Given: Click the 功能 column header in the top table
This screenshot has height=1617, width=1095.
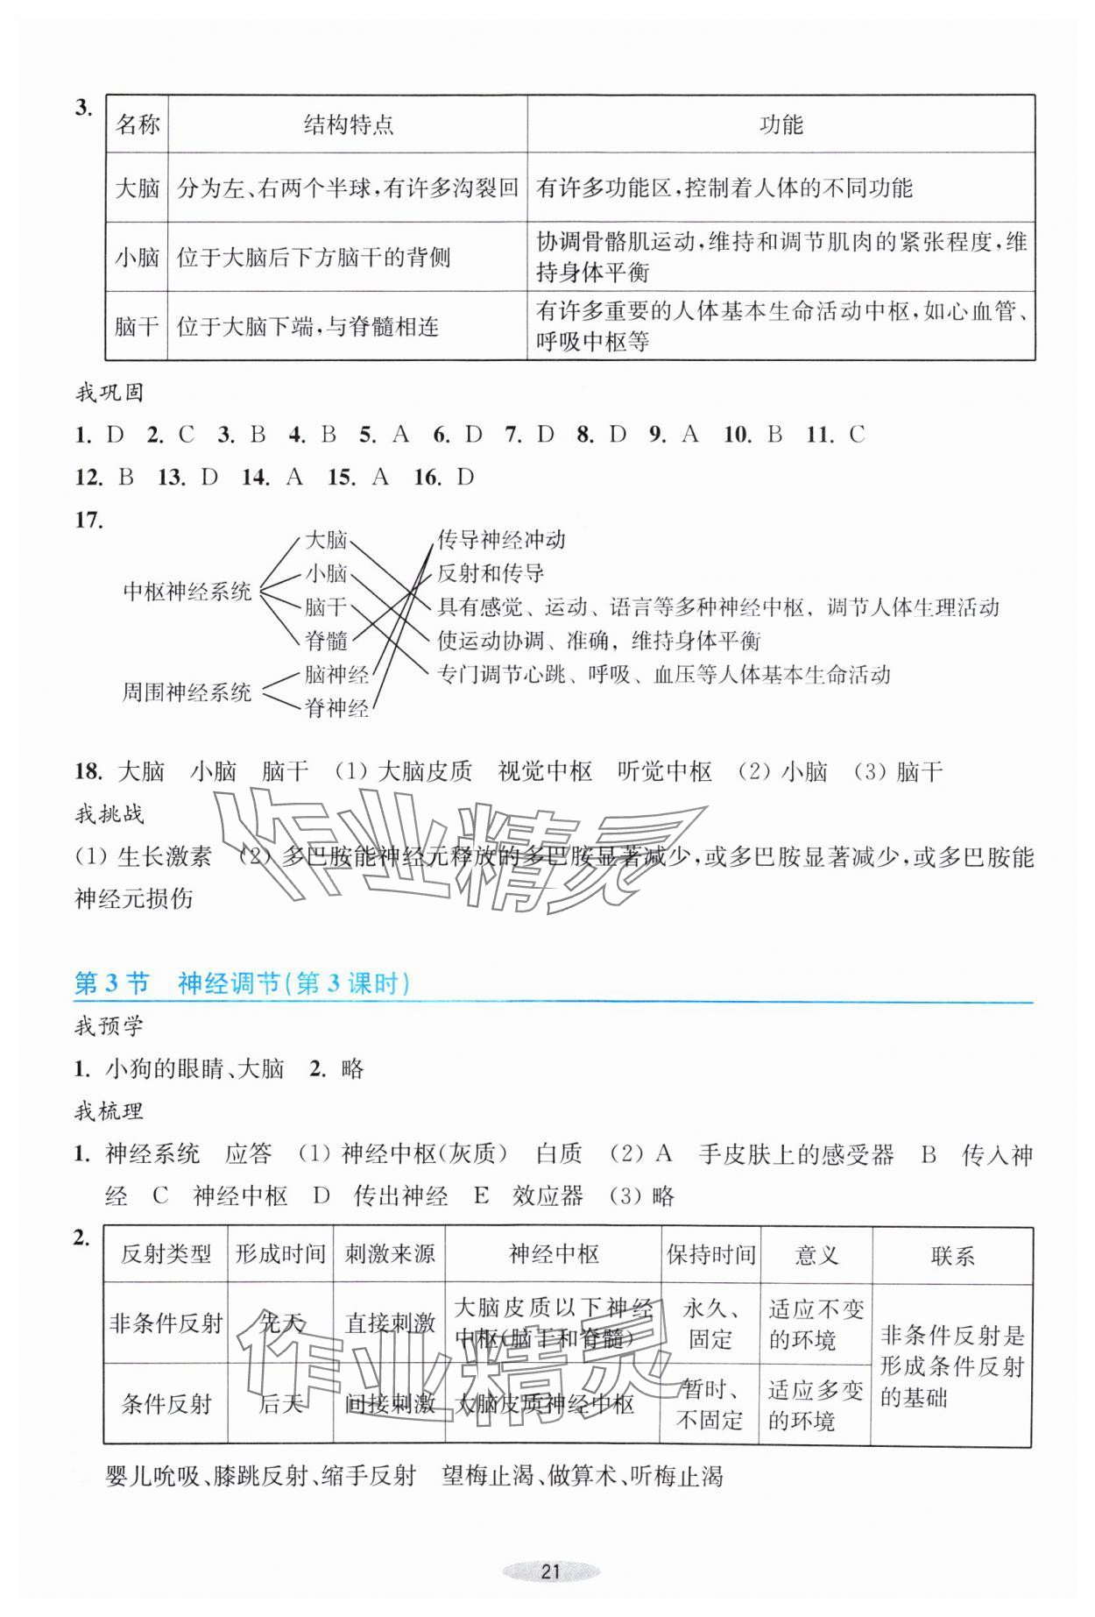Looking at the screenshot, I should click(781, 124).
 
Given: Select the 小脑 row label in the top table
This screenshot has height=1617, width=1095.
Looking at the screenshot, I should click(138, 257).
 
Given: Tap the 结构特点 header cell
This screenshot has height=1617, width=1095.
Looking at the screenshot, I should click(348, 124).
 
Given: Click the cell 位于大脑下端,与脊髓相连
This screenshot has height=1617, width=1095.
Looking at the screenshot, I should click(307, 327).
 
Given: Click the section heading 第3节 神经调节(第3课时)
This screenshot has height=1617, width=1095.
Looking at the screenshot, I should click(243, 983).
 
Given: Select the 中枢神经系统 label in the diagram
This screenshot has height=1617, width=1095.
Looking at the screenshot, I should click(187, 591).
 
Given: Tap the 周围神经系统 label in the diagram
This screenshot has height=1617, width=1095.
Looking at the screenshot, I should click(187, 692).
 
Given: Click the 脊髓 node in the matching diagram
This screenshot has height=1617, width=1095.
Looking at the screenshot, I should click(326, 641).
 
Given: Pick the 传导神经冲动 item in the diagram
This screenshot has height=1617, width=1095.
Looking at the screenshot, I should click(501, 540).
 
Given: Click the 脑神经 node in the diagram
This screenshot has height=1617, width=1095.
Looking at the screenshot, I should click(336, 675).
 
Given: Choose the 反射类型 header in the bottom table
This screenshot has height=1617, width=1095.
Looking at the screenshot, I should click(166, 1254).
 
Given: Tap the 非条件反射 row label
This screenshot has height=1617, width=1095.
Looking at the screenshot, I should click(166, 1323).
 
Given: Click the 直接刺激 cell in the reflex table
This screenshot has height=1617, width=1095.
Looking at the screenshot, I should click(390, 1323).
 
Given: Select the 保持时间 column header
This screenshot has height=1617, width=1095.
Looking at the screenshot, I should click(710, 1254).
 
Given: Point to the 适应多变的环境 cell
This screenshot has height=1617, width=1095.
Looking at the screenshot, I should click(816, 1404).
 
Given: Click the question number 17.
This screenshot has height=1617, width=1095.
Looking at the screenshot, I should click(89, 521).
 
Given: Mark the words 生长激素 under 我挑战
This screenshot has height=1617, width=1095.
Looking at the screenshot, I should click(165, 856).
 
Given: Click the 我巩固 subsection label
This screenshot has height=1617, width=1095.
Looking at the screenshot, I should click(109, 392).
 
